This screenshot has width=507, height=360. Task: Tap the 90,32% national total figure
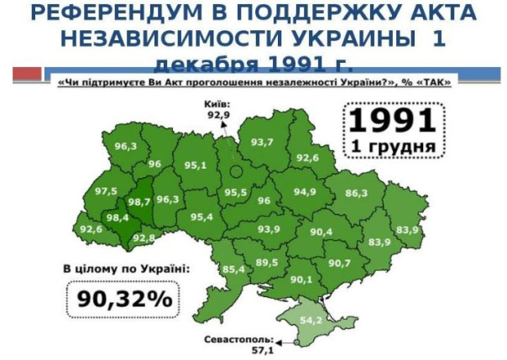[x=125, y=299]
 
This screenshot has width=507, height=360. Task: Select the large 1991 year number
[x=392, y=122]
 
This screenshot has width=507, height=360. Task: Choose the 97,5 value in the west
[x=107, y=191]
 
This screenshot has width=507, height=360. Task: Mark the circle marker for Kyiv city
[x=236, y=170]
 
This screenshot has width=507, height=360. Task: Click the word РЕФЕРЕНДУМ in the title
[x=116, y=14]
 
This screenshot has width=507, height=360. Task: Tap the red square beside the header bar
[x=26, y=73]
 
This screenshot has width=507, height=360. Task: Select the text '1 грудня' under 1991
[x=393, y=148]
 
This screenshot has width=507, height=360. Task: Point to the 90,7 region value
[x=339, y=263]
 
